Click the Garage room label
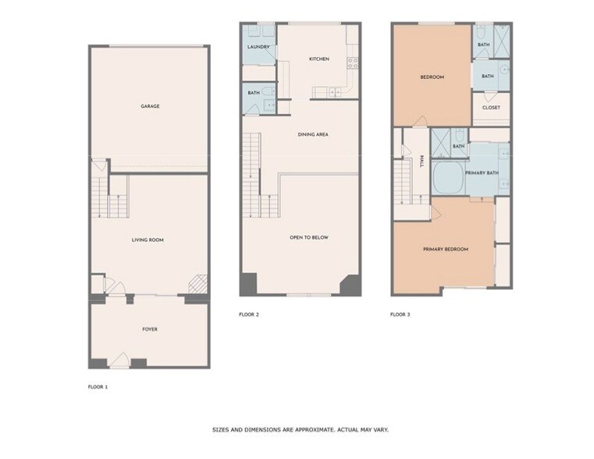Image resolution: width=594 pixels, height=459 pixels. (150, 106)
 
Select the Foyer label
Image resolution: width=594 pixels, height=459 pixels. (149, 329)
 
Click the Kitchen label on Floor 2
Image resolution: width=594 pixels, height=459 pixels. (318, 59)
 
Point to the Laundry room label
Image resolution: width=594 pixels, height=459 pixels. (258, 48)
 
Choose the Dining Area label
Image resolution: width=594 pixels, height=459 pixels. (312, 134)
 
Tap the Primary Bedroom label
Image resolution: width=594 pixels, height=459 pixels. (445, 249)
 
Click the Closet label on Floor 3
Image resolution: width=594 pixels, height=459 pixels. (490, 108)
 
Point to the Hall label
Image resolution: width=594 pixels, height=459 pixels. (421, 161)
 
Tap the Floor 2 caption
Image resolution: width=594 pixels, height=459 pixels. (249, 315)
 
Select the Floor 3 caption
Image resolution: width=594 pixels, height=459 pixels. (400, 315)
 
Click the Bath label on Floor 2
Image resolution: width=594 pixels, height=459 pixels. (254, 94)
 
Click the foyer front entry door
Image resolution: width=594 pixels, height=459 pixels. (120, 361)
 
